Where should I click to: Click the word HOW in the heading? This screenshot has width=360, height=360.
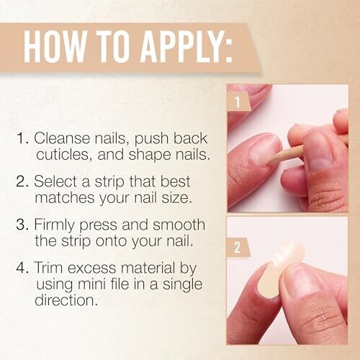pyautogui.click(x=55, y=47)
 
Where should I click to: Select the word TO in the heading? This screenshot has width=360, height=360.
pyautogui.click(x=113, y=47)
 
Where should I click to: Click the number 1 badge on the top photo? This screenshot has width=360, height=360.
pyautogui.click(x=238, y=102)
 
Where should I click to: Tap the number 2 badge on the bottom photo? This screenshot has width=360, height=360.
pyautogui.click(x=237, y=247)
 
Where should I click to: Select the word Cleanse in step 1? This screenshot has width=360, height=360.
pyautogui.click(x=63, y=138)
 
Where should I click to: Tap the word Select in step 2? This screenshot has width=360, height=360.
pyautogui.click(x=56, y=181)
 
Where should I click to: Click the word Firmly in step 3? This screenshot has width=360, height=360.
pyautogui.click(x=54, y=225)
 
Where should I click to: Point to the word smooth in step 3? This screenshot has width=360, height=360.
pyautogui.click(x=179, y=225)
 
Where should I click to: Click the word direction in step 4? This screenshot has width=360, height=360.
pyautogui.click(x=65, y=300)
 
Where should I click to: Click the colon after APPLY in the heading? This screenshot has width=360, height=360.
pyautogui.click(x=228, y=51)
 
